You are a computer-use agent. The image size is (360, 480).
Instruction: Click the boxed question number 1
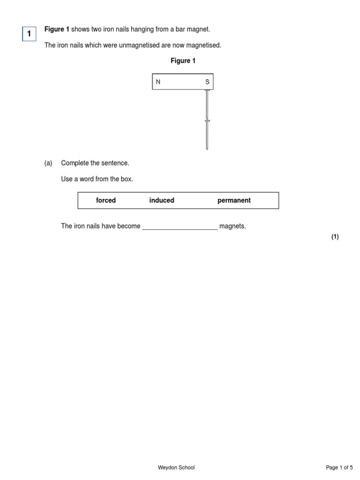click(29, 34)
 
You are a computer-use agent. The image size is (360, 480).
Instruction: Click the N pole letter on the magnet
click(158, 82)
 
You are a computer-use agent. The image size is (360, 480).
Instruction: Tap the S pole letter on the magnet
click(207, 82)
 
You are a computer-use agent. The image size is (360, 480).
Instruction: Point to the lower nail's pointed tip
click(207, 149)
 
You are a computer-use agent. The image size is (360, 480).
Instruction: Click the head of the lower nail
click(207, 121)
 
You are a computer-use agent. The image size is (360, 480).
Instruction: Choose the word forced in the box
click(105, 200)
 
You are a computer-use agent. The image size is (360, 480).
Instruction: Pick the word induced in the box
click(162, 200)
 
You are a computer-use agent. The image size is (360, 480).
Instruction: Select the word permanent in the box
click(234, 200)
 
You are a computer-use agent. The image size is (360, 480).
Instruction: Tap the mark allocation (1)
click(335, 237)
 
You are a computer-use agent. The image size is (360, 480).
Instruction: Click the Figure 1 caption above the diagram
click(183, 61)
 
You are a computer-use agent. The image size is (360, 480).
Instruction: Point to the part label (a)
click(48, 163)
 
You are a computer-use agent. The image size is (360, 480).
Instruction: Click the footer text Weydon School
click(176, 467)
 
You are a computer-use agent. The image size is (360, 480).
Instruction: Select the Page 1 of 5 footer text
click(339, 467)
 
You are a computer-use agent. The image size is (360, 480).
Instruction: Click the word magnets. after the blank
click(232, 226)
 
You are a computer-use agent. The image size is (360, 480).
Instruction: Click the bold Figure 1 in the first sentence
click(57, 30)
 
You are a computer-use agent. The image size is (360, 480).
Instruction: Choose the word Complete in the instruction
click(75, 163)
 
